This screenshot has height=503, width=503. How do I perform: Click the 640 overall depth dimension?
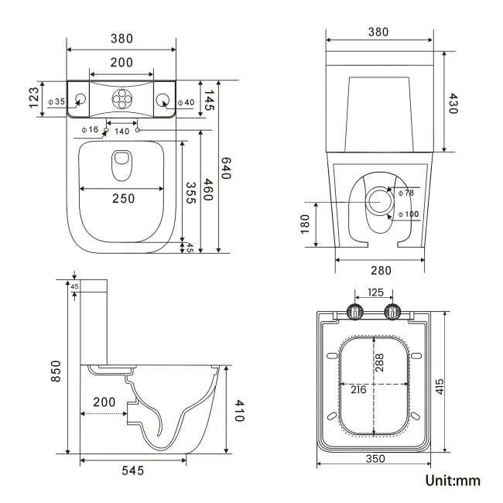[x=227, y=169]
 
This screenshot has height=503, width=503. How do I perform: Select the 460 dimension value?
[x=208, y=190]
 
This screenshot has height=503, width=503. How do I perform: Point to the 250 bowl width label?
[x=122, y=199]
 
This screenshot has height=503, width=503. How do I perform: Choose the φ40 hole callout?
[x=186, y=102]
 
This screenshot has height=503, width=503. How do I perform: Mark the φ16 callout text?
[x=89, y=130]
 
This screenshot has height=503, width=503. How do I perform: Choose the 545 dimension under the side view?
[x=132, y=470]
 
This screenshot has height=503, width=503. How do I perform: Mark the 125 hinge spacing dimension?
[x=375, y=293]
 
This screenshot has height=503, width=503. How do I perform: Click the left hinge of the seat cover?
[x=355, y=313]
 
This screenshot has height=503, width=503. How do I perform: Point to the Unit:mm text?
[x=453, y=480]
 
